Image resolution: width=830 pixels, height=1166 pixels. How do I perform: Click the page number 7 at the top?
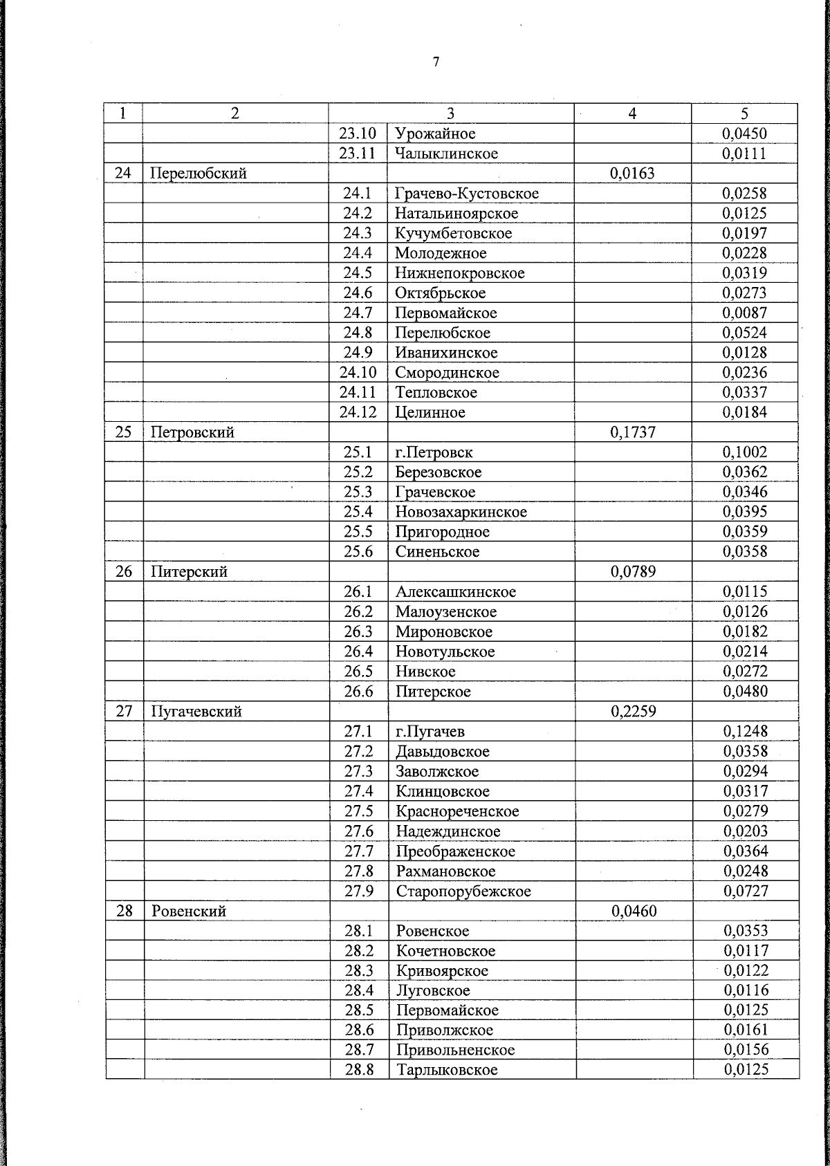(x=436, y=62)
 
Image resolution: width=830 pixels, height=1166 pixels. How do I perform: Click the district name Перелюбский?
(x=199, y=174)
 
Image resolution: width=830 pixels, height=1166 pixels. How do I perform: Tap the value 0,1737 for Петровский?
(x=633, y=433)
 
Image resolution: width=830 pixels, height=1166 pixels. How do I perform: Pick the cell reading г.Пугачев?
(x=430, y=732)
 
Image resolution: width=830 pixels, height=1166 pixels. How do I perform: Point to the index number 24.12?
(x=358, y=413)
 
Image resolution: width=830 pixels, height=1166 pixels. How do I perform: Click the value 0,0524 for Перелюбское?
(x=744, y=333)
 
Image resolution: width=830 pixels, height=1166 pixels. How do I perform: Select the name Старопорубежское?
(x=463, y=891)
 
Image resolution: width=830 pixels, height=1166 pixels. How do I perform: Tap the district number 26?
(x=123, y=572)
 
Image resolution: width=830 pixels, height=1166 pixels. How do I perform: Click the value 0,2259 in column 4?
(x=634, y=712)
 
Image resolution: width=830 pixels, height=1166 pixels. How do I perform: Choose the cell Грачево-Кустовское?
(x=466, y=194)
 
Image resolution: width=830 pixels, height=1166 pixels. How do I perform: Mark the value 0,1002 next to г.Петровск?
(x=744, y=452)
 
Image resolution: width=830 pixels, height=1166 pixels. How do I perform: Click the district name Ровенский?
(x=189, y=911)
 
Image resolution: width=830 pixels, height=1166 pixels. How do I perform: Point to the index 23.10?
(x=358, y=133)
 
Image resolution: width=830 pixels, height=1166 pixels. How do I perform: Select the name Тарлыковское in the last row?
(x=447, y=1071)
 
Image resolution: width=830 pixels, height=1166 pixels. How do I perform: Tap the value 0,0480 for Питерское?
(x=745, y=692)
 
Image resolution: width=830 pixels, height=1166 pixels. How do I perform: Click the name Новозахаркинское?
(x=461, y=512)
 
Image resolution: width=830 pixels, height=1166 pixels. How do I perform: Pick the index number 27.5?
(x=358, y=811)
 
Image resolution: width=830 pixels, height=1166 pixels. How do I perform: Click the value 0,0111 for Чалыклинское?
(x=744, y=154)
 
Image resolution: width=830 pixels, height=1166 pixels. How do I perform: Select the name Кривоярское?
(x=442, y=971)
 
